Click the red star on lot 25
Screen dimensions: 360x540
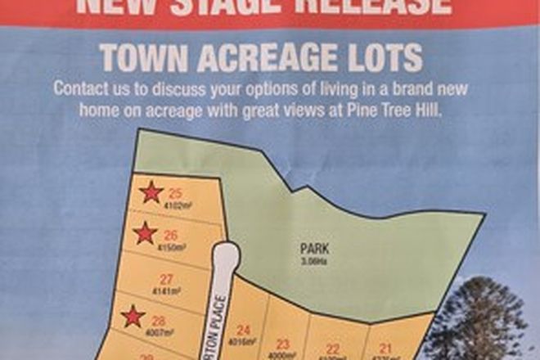151,193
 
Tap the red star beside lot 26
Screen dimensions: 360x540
145,234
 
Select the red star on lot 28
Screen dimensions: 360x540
133,316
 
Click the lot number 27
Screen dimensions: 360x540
166,278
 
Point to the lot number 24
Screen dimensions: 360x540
243,330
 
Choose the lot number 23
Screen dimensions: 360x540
284,344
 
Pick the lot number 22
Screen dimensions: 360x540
333,349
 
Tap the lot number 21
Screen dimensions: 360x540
385,349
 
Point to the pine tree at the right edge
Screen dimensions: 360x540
483,319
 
